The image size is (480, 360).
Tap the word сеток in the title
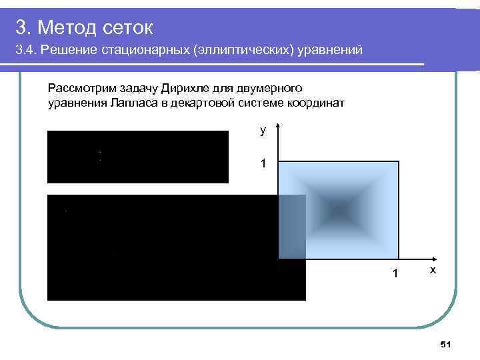tap(129, 27)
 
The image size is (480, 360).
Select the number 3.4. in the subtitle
tap(27, 51)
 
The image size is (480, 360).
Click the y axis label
tap(263, 131)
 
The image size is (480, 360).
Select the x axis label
tap(433, 270)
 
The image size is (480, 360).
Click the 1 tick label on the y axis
tap(263, 163)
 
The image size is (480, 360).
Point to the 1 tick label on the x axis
tap(395, 273)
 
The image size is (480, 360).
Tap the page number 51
tap(446, 344)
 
